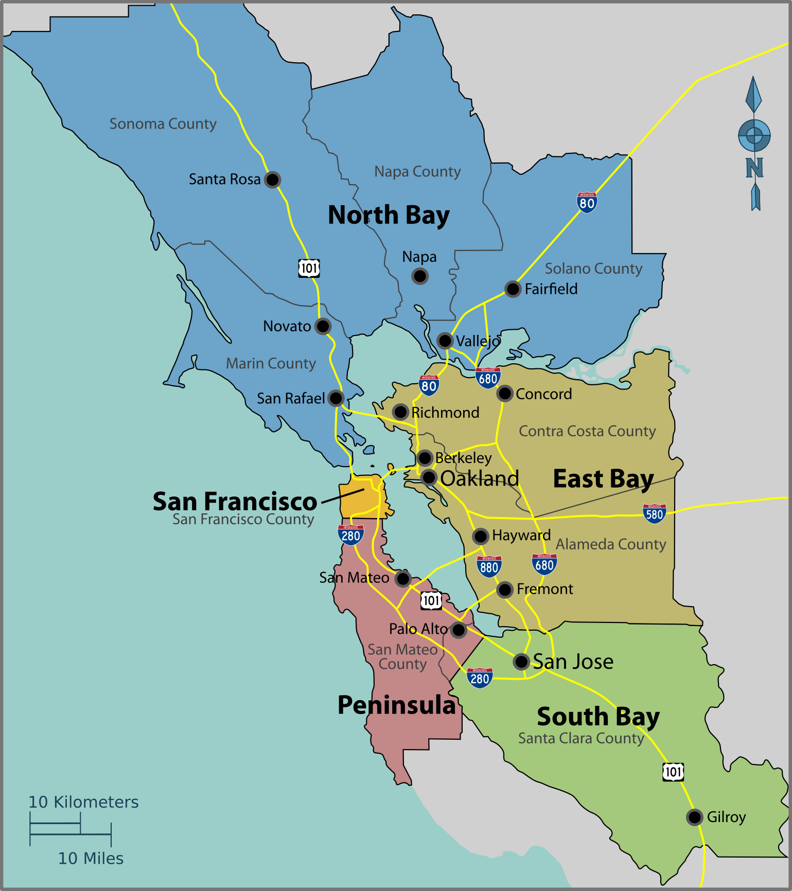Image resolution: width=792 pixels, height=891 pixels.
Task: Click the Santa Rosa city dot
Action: (272, 180)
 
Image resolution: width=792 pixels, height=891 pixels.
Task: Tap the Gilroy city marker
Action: (695, 817)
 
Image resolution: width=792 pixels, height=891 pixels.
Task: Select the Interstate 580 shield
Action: (654, 513)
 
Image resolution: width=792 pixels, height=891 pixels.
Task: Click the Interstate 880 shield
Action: (488, 566)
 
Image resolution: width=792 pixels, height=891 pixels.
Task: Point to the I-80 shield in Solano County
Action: (587, 202)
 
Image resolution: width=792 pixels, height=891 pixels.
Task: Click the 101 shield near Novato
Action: (309, 268)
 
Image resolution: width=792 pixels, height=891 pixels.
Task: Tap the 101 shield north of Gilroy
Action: (673, 772)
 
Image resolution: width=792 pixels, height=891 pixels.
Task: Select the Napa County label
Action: (417, 171)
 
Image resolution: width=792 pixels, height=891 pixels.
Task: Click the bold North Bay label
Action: (389, 215)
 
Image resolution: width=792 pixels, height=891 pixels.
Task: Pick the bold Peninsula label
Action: (397, 705)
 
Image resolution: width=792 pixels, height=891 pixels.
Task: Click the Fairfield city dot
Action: (513, 289)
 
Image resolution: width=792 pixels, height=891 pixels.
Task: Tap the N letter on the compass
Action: (754, 168)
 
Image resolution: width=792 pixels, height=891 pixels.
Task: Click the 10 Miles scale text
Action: (91, 858)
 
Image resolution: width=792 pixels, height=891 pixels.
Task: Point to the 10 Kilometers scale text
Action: (83, 802)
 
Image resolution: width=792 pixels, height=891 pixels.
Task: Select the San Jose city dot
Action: (521, 662)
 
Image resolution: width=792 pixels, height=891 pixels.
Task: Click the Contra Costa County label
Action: (587, 431)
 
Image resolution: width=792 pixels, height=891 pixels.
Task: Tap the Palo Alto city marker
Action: (459, 630)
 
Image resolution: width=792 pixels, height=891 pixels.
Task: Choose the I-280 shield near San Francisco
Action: (351, 535)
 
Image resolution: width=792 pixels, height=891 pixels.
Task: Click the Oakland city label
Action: (480, 478)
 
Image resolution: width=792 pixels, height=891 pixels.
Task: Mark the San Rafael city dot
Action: (336, 398)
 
